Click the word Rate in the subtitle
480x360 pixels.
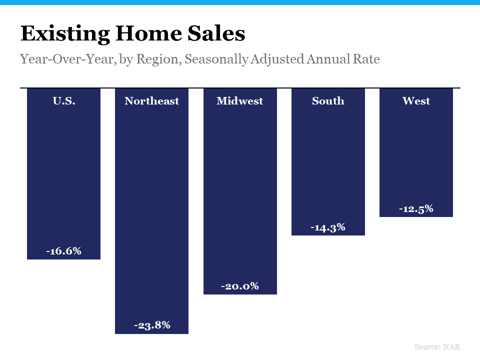click(x=367, y=59)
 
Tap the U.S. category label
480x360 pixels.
click(x=64, y=101)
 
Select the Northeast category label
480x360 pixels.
click(x=151, y=101)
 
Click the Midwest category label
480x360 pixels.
click(x=239, y=101)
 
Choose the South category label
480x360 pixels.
click(x=328, y=101)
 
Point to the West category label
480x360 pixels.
click(x=416, y=101)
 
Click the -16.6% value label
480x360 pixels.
click(x=63, y=251)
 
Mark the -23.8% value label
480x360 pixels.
click(x=152, y=325)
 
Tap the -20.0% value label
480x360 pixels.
click(x=240, y=286)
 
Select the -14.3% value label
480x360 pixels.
click(x=328, y=227)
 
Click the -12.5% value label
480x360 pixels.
click(x=416, y=209)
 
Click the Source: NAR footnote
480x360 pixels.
click(x=437, y=346)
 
